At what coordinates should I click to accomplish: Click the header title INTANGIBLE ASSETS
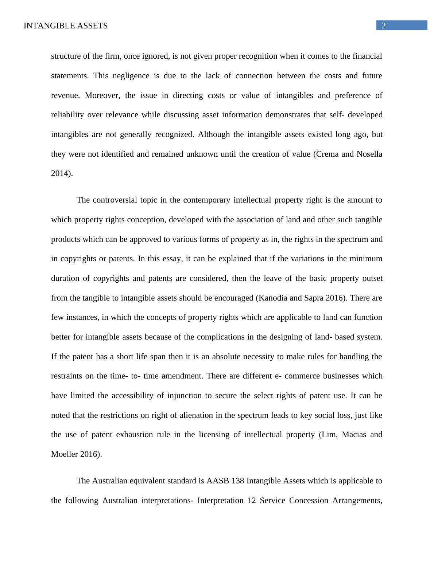pyautogui.click(x=66, y=26)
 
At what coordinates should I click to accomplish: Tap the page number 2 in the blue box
pyautogui.click(x=384, y=25)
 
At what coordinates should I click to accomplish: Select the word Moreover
pyautogui.click(x=102, y=95)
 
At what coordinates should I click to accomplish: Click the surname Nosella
pyautogui.click(x=369, y=154)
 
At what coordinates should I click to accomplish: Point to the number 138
pyautogui.click(x=238, y=481)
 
